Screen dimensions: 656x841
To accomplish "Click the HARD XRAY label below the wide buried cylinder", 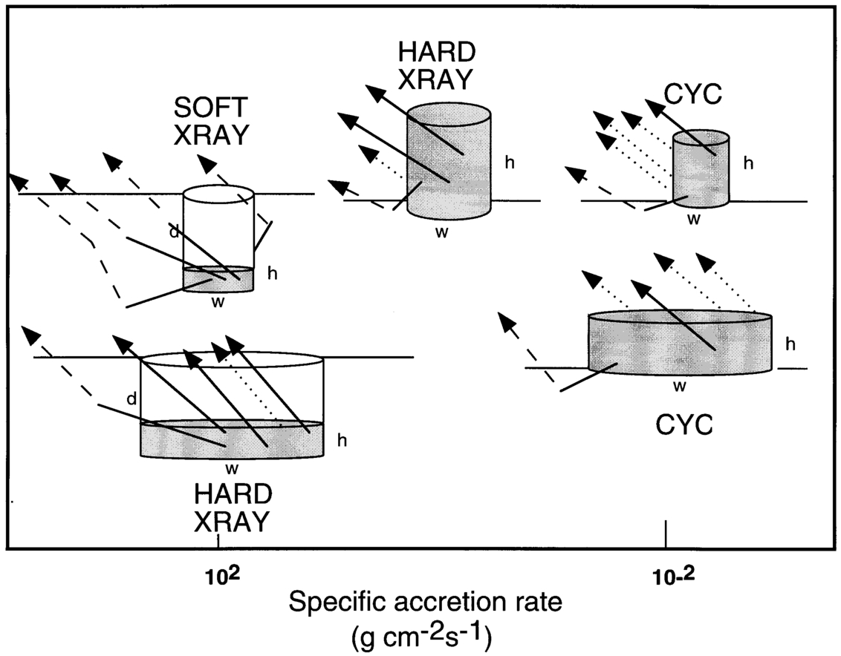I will tap(231, 509).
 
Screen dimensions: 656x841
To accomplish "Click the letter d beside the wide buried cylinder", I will tap(131, 399).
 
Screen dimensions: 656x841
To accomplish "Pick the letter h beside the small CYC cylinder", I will tap(748, 164).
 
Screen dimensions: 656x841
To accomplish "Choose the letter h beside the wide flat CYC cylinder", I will tap(791, 344).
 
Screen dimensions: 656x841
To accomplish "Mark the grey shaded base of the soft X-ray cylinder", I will tap(218, 280).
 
